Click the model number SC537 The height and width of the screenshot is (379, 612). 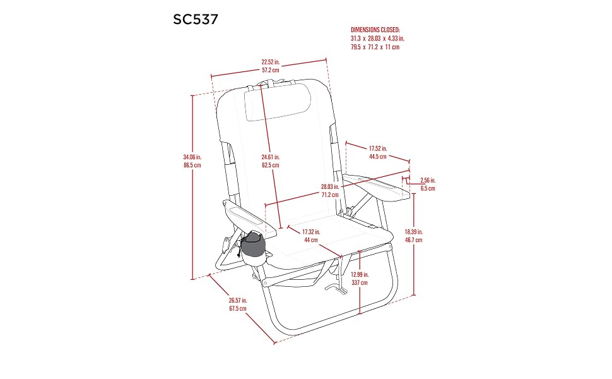coord(196,20)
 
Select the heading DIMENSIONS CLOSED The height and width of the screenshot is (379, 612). coord(375,30)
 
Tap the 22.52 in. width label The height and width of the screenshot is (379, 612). coord(271,62)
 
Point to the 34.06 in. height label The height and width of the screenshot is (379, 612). coord(192,157)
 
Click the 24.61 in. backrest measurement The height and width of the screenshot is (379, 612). coord(271,157)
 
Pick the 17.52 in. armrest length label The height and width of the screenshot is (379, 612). coord(378,148)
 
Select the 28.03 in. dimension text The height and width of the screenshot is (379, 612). coord(330,187)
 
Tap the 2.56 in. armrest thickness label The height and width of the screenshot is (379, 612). coord(428,180)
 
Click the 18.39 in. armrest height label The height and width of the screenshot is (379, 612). coord(413,232)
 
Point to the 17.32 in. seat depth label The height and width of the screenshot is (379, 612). coord(311,232)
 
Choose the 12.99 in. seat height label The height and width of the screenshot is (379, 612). coord(360,275)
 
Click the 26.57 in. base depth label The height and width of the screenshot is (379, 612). coord(238,301)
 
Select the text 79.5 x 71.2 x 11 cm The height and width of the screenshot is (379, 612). coord(375,47)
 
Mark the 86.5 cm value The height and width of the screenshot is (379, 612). coord(192,165)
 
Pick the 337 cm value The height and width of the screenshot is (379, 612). coord(360,282)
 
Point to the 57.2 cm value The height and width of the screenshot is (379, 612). coord(271,70)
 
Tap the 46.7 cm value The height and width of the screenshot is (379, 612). coord(413,240)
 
